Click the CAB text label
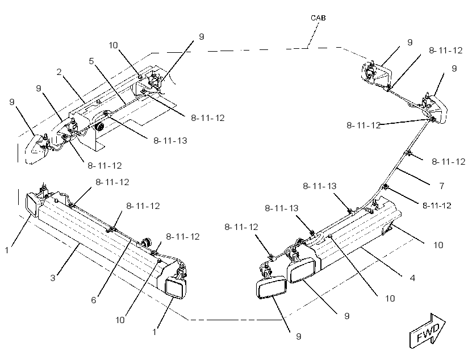coord(318,18)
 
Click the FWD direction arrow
coord(428,330)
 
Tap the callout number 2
coord(59,72)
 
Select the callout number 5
coord(91,61)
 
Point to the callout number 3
coord(53,278)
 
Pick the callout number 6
coord(94,300)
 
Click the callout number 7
coord(442,186)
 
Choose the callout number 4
coord(412,278)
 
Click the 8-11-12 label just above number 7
coord(449,161)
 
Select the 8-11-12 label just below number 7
coord(437,206)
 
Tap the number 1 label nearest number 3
coord(7,250)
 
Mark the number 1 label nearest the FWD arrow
coord(154,332)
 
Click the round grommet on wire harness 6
coord(146,241)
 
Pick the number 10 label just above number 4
coord(438,245)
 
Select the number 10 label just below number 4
coord(390,298)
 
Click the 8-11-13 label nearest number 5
coord(170,140)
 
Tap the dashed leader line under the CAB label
coord(313,35)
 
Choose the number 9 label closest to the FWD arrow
coord(346,316)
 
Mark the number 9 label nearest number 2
coord(39,89)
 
